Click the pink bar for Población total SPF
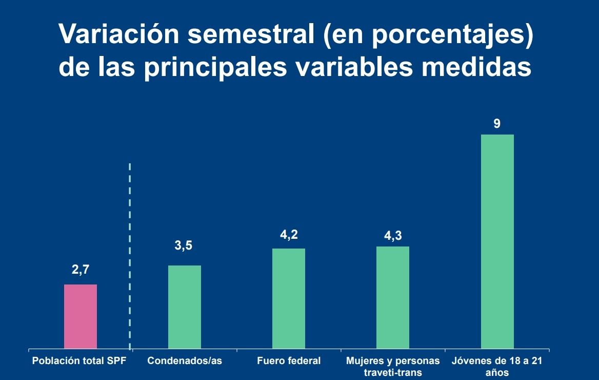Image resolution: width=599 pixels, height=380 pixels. [x=81, y=316]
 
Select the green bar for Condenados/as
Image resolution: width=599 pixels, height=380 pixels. [x=185, y=307]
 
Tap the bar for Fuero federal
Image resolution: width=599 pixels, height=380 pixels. [x=289, y=298]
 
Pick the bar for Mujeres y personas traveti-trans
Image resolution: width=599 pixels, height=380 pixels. [x=393, y=297]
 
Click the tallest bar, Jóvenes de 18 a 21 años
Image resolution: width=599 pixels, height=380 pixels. [x=497, y=241]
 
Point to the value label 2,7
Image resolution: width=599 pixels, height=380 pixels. [x=81, y=270]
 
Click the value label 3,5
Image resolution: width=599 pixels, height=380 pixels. [x=183, y=246]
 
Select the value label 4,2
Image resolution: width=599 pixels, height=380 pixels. [x=289, y=235]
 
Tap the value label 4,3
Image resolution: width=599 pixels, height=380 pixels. [x=393, y=237]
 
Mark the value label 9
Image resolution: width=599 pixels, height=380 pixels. [x=497, y=124]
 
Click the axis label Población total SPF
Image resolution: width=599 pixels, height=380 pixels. [x=79, y=360]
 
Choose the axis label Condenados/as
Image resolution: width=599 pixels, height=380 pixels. [x=185, y=360]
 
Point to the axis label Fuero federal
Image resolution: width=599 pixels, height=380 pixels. [x=289, y=360]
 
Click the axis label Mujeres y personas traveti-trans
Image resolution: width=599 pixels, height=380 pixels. [x=393, y=366]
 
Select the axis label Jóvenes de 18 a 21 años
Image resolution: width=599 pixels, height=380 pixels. [x=497, y=366]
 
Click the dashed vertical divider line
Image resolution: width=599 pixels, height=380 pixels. [x=130, y=257]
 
